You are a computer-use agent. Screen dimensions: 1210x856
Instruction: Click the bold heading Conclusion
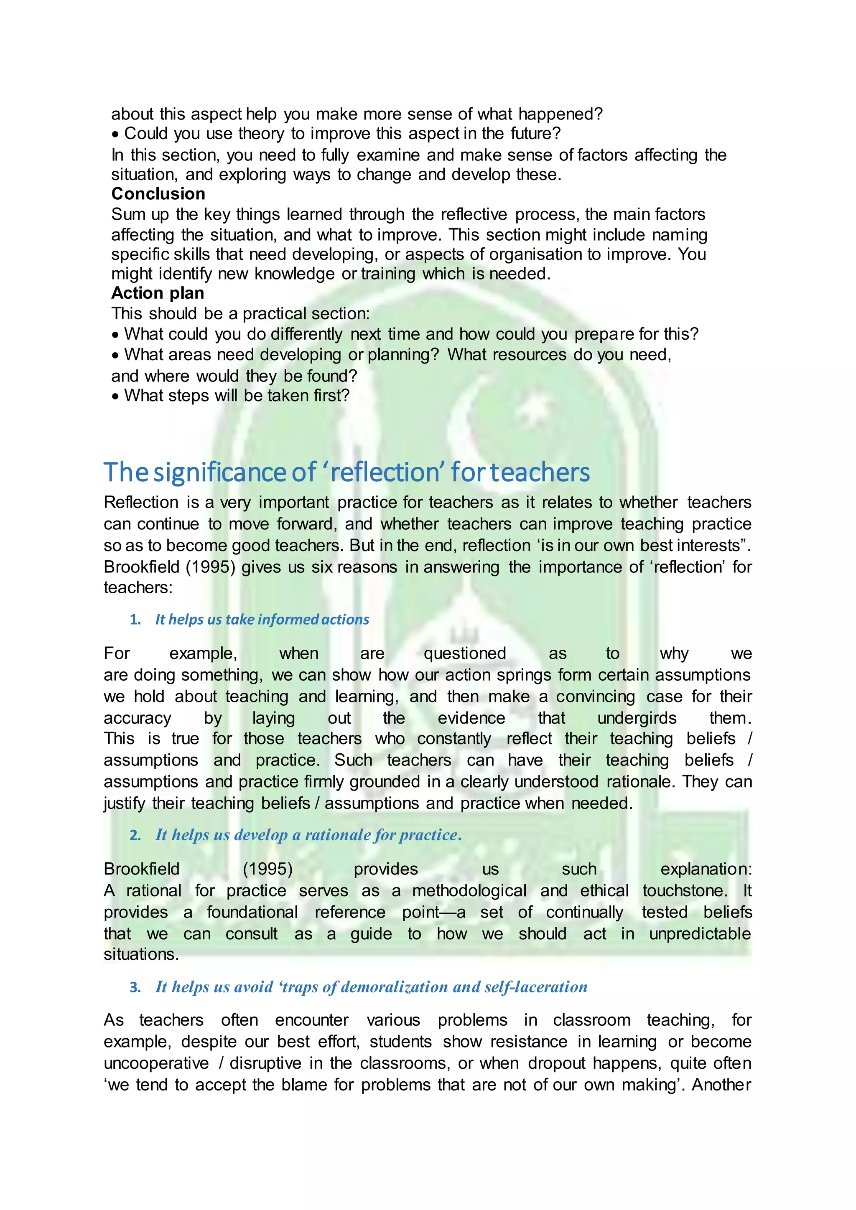point(158,194)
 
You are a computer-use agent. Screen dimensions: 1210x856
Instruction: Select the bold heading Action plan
point(158,293)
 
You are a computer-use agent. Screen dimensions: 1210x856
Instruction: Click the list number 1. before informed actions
point(135,620)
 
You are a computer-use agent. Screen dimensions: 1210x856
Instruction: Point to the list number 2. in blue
point(135,835)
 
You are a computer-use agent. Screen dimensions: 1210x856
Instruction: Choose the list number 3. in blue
point(135,987)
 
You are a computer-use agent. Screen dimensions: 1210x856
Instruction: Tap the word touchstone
point(684,891)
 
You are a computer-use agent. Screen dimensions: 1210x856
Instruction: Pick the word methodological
point(469,891)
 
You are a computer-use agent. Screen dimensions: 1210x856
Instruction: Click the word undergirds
point(637,718)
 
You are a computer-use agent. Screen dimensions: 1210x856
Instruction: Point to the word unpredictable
point(699,934)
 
